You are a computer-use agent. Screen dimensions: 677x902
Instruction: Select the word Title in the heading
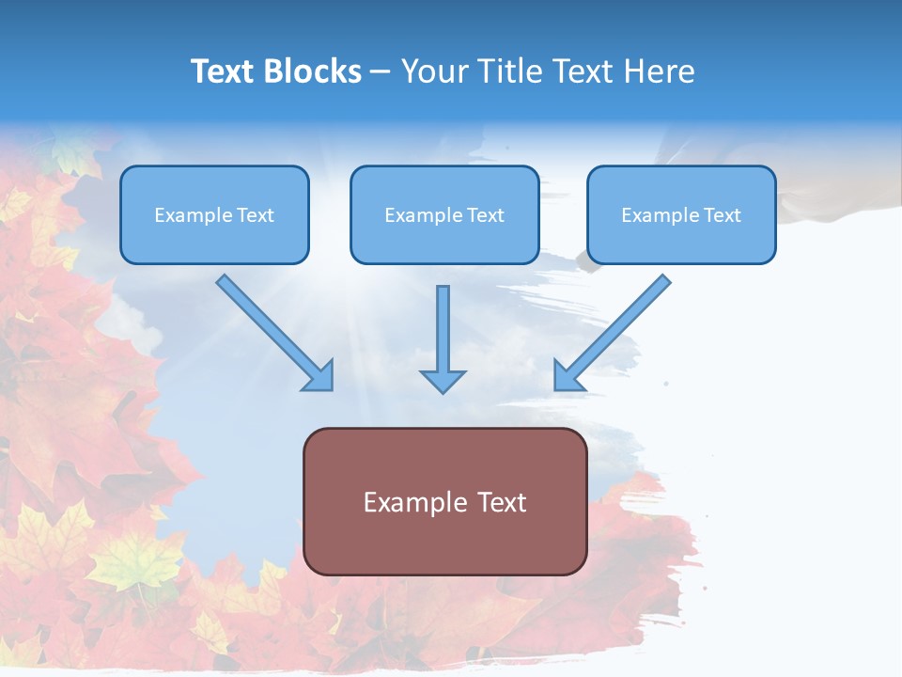[x=506, y=71]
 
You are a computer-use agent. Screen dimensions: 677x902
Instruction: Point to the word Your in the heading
[x=435, y=71]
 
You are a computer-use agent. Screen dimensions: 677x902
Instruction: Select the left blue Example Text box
[x=214, y=215]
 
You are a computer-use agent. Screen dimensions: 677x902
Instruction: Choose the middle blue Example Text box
[x=444, y=215]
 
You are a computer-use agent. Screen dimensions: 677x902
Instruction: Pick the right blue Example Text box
[x=681, y=215]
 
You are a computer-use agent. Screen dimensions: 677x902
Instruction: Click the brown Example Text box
[x=444, y=501]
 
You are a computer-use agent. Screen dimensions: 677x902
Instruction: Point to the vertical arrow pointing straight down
[x=443, y=329]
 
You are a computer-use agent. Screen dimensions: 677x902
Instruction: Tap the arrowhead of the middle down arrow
[x=443, y=380]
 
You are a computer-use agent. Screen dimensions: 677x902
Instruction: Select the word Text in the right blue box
[x=722, y=215]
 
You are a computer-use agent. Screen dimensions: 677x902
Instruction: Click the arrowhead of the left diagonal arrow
[x=319, y=376]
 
